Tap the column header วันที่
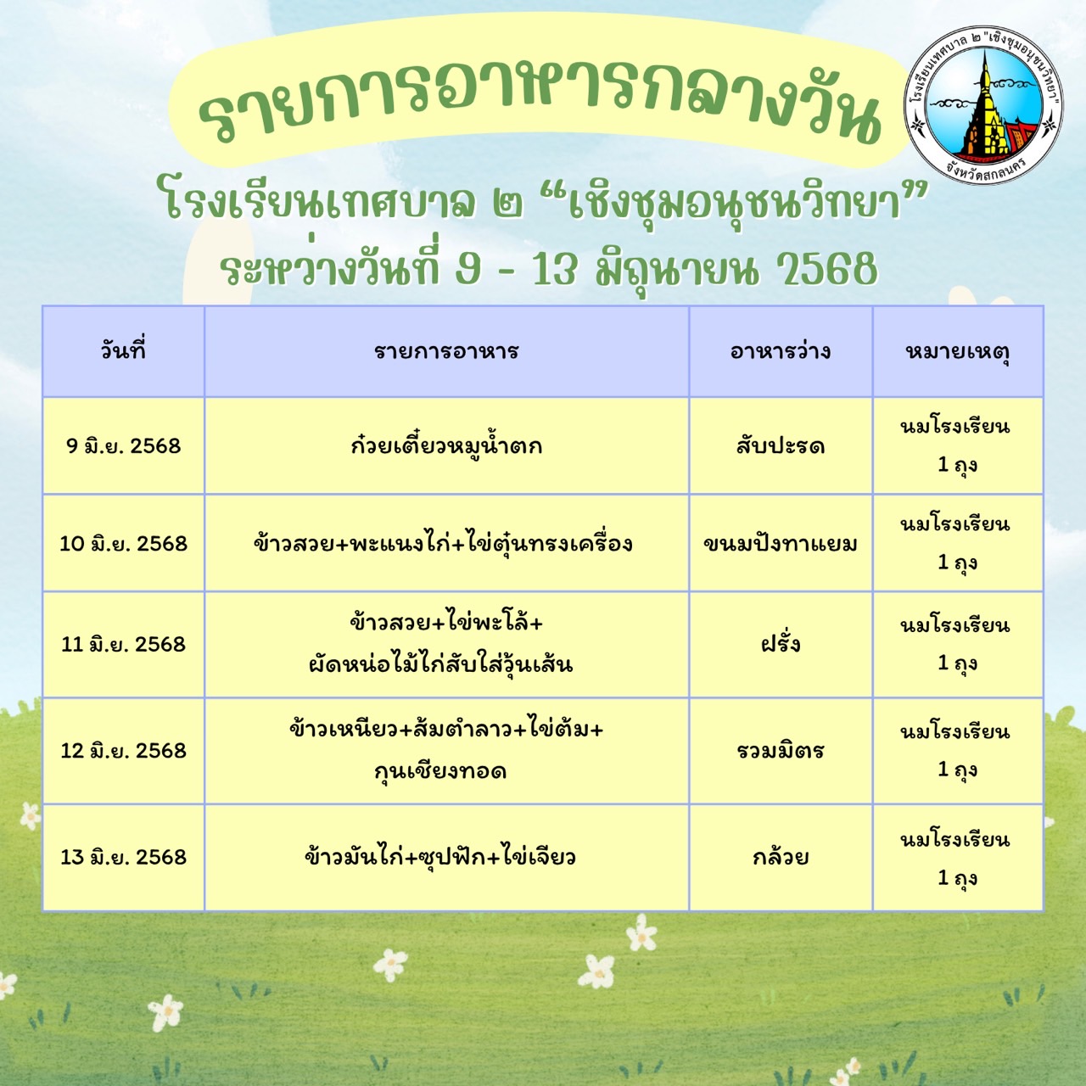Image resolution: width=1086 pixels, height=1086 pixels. tap(123, 351)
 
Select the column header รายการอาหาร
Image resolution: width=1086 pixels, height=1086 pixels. tap(446, 351)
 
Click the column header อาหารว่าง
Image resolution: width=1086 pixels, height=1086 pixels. tap(781, 351)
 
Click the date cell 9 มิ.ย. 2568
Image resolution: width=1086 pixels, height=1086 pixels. tap(123, 445)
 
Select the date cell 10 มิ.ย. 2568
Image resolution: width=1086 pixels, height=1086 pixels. tap(123, 543)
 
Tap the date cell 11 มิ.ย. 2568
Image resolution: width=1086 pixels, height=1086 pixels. tap(123, 644)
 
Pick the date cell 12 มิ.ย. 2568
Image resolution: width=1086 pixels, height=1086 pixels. tap(123, 750)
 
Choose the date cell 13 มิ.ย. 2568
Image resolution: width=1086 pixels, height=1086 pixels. tap(123, 857)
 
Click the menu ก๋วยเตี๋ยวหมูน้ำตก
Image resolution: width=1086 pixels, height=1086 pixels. tap(446, 445)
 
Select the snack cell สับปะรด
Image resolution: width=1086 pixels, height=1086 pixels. tap(781, 446)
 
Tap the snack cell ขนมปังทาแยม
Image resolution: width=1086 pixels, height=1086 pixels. tap(781, 543)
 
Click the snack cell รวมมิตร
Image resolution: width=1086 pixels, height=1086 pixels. tap(781, 750)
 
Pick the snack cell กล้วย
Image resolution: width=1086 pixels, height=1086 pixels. tap(781, 856)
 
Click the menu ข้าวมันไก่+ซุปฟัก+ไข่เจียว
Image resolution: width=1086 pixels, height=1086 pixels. tap(440, 856)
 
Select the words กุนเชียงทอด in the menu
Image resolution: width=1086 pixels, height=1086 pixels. tap(440, 770)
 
